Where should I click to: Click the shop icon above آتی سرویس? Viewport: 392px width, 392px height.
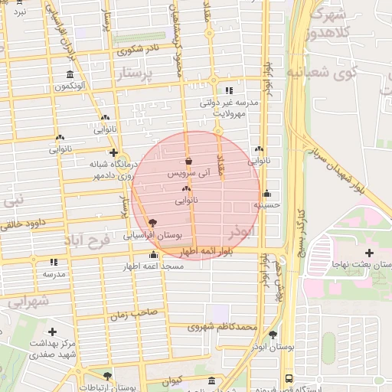[x=188, y=162]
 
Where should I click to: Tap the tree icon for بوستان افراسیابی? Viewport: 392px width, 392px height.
[x=152, y=220]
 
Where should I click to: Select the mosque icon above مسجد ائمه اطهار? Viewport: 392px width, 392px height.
[x=154, y=255]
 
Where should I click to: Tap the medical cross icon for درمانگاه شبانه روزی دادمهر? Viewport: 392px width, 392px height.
[x=113, y=152]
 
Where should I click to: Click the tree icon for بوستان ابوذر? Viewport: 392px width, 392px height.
[x=273, y=334]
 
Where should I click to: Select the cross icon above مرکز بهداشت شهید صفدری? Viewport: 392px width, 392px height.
[x=52, y=332]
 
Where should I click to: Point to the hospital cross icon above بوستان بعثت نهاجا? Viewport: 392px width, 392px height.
[x=369, y=252]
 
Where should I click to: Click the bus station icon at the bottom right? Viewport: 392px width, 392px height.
[x=288, y=378]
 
